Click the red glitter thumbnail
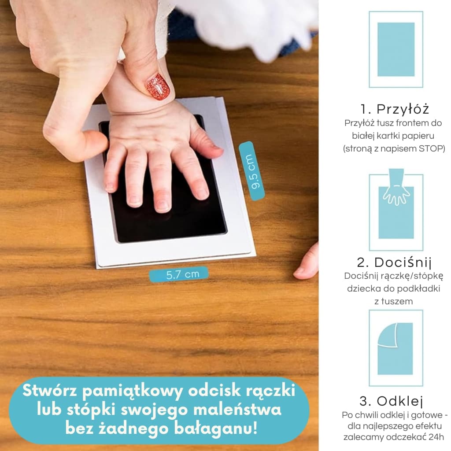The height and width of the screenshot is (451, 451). point(158,87)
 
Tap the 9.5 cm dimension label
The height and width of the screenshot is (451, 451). point(251,171)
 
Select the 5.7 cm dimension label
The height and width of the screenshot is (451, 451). point(179,274)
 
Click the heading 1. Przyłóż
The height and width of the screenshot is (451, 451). point(395,109)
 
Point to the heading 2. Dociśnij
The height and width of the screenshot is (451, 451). point(394,263)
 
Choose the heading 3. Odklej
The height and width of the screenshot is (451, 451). point(391,401)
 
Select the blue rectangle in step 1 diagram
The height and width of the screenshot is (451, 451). point(396,49)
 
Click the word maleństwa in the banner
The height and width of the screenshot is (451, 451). point(237,410)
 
